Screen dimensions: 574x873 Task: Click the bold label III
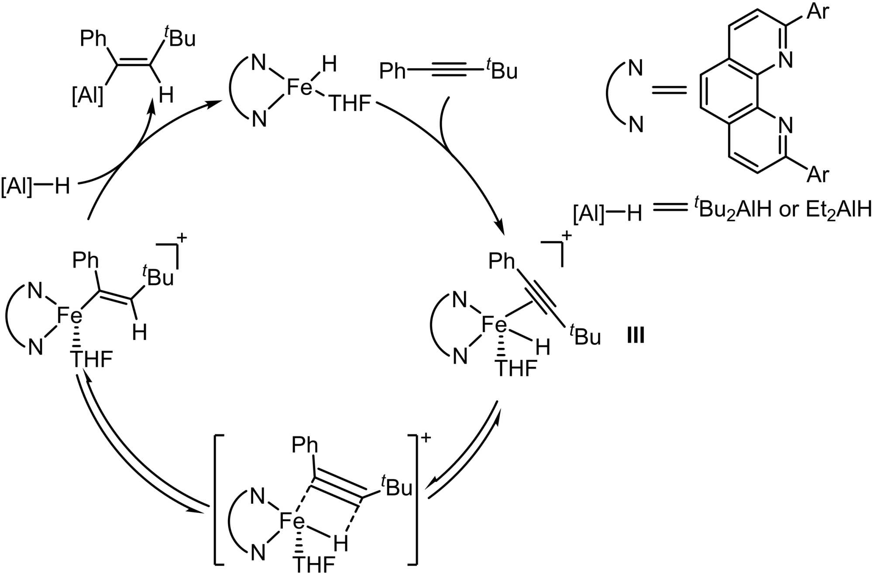[636, 336]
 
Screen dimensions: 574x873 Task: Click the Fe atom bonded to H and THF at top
[300, 87]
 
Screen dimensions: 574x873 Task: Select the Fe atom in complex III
[494, 325]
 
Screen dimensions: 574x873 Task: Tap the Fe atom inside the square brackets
[292, 521]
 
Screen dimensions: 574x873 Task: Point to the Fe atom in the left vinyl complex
[70, 315]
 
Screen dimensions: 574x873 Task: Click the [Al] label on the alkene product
[88, 95]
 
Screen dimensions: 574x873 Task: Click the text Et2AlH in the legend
[838, 210]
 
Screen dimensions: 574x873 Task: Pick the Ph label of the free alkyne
[392, 71]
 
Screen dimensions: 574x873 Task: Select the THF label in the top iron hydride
[350, 104]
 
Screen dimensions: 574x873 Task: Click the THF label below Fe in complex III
[516, 368]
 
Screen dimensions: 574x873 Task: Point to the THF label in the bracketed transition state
[314, 564]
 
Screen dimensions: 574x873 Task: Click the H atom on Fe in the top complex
[329, 65]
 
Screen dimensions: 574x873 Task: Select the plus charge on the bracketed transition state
[425, 437]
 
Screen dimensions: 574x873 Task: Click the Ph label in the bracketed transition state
[305, 445]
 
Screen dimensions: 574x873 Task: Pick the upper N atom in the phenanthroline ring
[785, 59]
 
